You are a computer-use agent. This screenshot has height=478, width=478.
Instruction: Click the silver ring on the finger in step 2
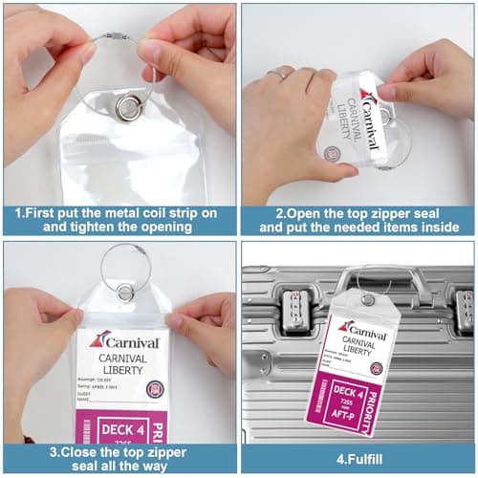pos(277,74)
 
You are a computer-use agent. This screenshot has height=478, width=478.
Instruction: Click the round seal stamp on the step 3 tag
pos(154,389)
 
